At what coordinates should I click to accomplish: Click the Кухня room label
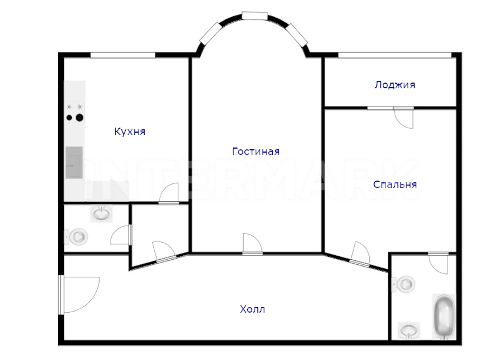pyautogui.click(x=129, y=132)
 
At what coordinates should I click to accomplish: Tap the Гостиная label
pyautogui.click(x=256, y=152)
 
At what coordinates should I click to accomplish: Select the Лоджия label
pyautogui.click(x=395, y=85)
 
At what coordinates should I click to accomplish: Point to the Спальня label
pyautogui.click(x=395, y=185)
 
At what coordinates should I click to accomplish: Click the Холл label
pyautogui.click(x=253, y=309)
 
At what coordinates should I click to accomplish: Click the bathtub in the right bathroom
pyautogui.click(x=444, y=317)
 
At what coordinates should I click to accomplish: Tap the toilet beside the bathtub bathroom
pyautogui.click(x=403, y=284)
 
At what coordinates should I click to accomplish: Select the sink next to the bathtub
pyautogui.click(x=408, y=330)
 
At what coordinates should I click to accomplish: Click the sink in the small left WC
pyautogui.click(x=101, y=214)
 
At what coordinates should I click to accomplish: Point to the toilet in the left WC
pyautogui.click(x=76, y=236)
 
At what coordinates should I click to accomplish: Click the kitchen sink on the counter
pyautogui.click(x=74, y=162)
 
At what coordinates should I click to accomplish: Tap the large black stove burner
pyautogui.click(x=79, y=118)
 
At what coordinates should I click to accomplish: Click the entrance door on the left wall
pyautogui.click(x=79, y=294)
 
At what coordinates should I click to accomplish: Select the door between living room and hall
pyautogui.click(x=253, y=244)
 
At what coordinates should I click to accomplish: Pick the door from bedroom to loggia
pyautogui.click(x=403, y=118)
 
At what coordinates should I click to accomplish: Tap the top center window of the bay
pyautogui.click(x=255, y=16)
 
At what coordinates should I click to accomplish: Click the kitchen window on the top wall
pyautogui.click(x=123, y=55)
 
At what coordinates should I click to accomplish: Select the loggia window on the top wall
pyautogui.click(x=395, y=55)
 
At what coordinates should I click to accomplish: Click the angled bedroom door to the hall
pyautogui.click(x=360, y=255)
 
